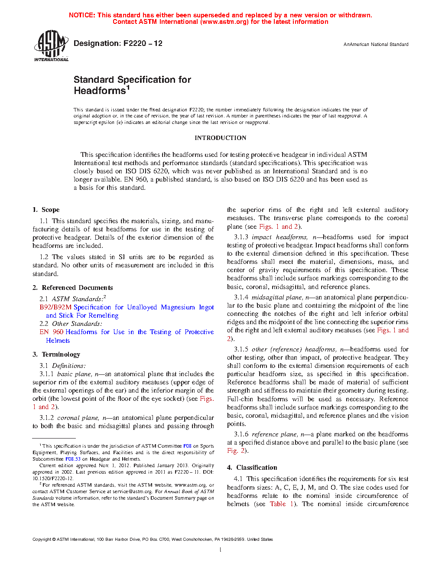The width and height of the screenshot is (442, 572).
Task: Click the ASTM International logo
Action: (x=51, y=45)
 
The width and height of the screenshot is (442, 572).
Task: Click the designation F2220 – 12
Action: (x=118, y=43)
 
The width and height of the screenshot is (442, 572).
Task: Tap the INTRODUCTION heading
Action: (x=220, y=138)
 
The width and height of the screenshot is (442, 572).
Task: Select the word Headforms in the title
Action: (x=100, y=91)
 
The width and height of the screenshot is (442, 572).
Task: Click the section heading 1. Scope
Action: (x=46, y=210)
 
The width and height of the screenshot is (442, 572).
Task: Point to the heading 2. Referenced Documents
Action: (x=73, y=288)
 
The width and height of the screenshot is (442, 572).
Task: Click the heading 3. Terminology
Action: (x=56, y=354)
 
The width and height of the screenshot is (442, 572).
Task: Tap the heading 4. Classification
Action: (x=252, y=468)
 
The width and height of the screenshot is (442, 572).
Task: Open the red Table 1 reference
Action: (x=282, y=504)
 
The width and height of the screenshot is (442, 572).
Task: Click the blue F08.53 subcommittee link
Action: (x=73, y=459)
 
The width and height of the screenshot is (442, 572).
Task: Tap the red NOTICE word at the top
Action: (x=82, y=15)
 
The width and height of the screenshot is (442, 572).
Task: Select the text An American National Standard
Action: (x=376, y=44)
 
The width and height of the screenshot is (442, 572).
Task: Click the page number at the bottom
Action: (x=220, y=550)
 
